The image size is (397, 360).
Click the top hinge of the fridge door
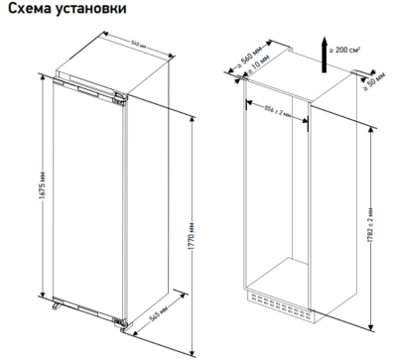(x=118, y=97)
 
